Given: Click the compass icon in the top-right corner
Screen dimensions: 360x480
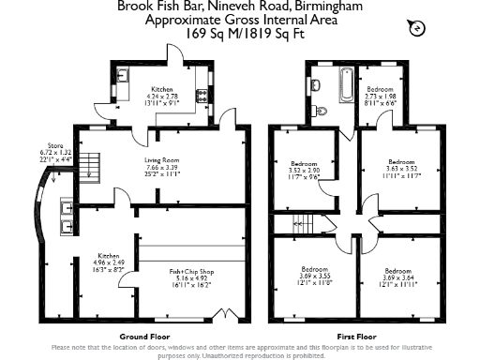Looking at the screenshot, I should (x=415, y=30).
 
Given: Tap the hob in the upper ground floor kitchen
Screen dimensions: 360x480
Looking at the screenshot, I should (x=200, y=96).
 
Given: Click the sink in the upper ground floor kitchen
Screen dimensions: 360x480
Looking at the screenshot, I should (x=122, y=74).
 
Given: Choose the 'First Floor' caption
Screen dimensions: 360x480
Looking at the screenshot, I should (x=356, y=336).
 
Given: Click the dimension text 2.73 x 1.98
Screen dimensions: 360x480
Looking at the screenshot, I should (x=381, y=96).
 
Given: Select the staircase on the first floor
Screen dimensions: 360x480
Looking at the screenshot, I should (x=301, y=225).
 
